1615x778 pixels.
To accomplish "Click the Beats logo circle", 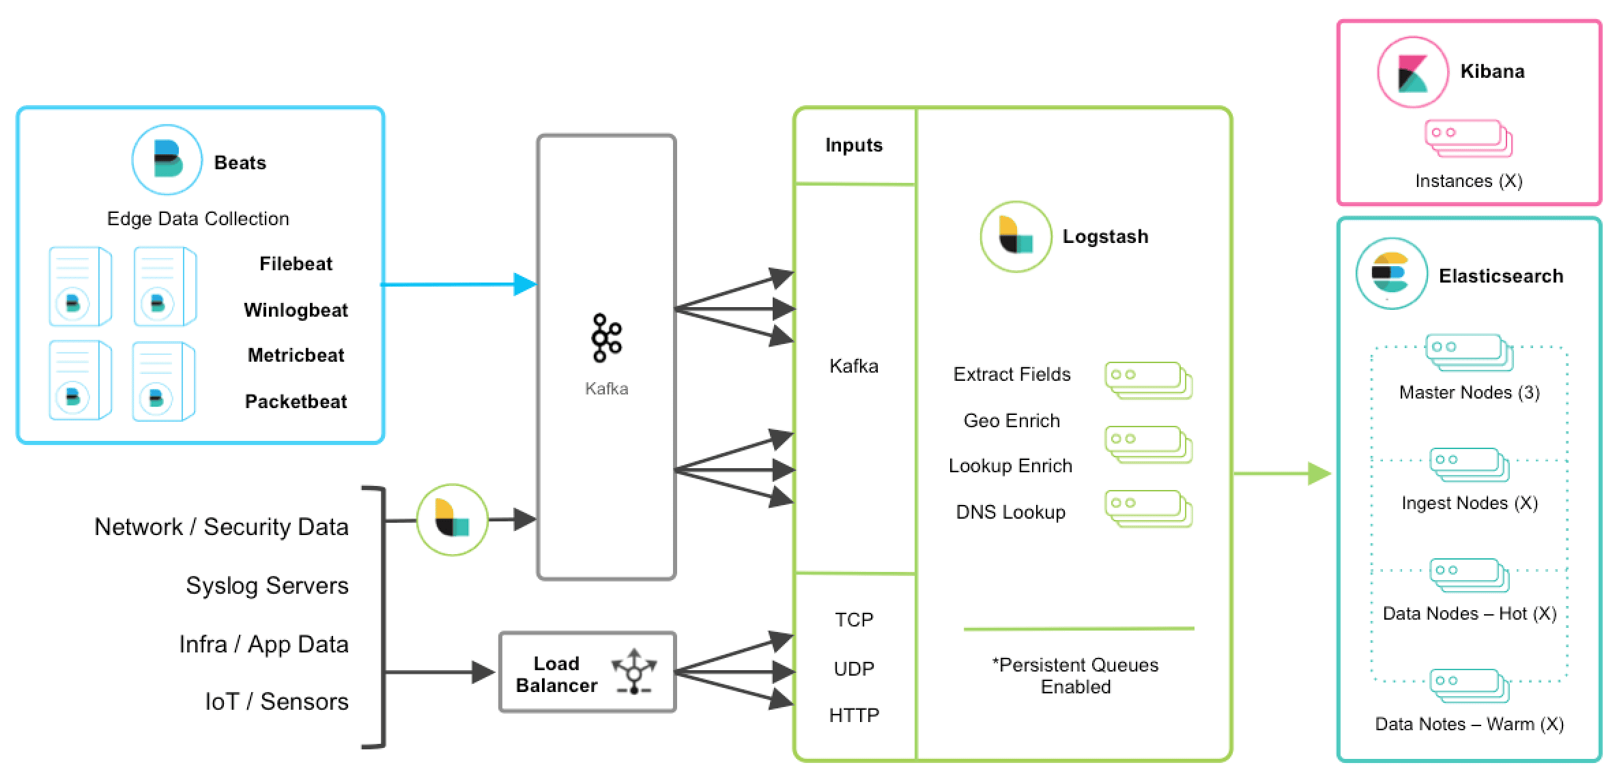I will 167,160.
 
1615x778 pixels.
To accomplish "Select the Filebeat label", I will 296,264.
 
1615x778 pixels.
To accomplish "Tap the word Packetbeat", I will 296,401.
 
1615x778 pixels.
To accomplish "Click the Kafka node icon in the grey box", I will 606,337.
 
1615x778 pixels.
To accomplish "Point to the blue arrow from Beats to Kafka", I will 457,284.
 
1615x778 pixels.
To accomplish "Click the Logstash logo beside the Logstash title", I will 1016,236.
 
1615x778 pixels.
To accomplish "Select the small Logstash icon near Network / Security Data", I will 452,519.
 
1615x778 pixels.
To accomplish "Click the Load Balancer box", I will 587,673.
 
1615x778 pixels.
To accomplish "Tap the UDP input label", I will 853,669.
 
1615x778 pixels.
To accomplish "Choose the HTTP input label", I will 853,715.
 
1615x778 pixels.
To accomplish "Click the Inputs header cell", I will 853,145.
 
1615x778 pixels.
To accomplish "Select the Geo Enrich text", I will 1012,420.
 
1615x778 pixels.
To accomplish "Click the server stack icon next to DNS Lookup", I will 1148,509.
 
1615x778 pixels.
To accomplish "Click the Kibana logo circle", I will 1412,72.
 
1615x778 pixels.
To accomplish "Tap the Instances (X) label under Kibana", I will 1468,181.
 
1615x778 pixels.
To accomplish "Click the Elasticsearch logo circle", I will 1391,274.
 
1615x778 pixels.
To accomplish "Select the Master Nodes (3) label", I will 1469,392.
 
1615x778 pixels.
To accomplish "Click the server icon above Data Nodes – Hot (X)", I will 1469,575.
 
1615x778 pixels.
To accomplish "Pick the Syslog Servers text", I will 267,586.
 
